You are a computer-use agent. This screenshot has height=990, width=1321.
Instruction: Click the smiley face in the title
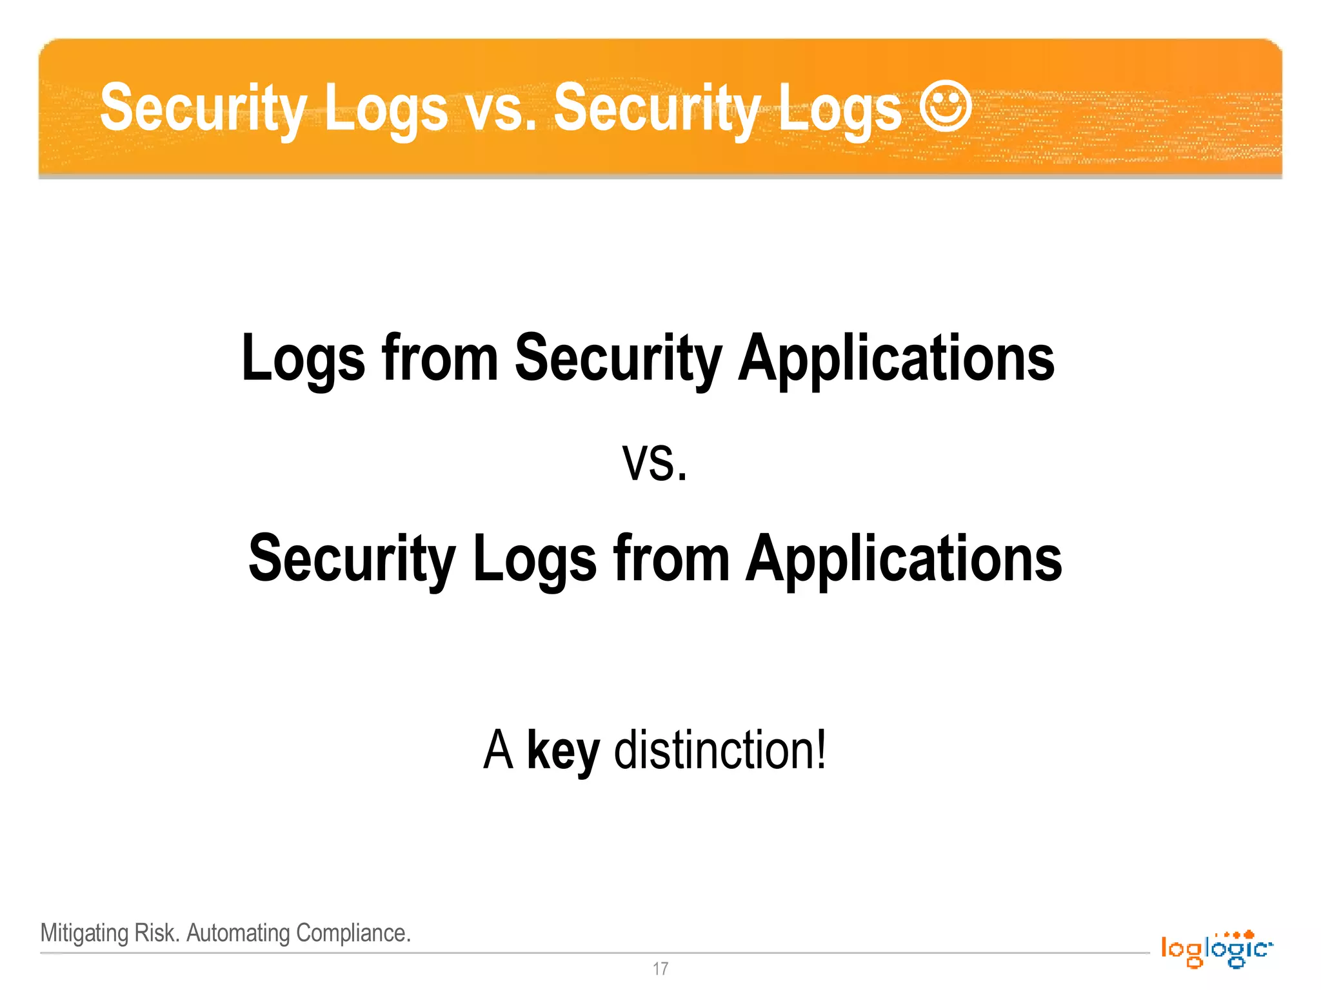point(945,107)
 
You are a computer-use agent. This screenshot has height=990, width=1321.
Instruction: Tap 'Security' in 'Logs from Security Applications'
point(618,359)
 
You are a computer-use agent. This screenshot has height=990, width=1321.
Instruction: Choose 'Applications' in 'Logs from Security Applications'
point(896,359)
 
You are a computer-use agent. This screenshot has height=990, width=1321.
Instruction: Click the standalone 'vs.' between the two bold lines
point(655,463)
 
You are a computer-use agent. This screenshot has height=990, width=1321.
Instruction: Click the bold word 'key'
point(563,752)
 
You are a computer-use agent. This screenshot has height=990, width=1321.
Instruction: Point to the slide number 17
point(660,969)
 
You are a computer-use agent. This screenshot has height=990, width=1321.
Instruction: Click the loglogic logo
point(1217,949)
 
